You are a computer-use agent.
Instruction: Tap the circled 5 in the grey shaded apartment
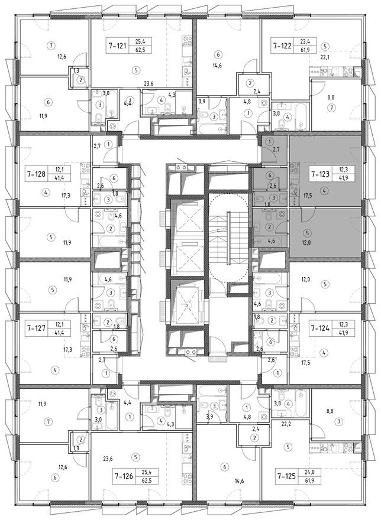[325, 232]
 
